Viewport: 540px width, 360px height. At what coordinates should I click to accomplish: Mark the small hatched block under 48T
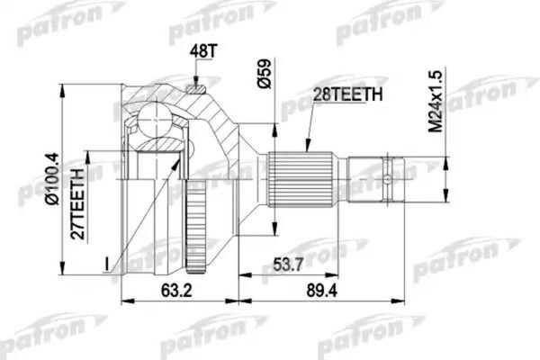[195, 88]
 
